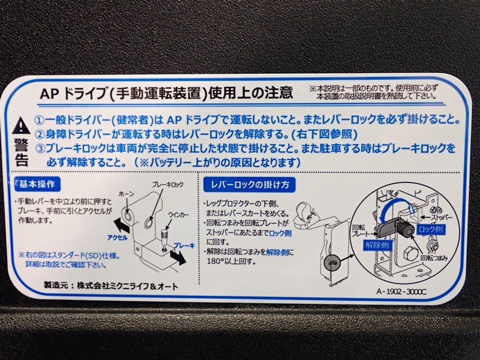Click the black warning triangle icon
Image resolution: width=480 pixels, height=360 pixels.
coord(21,125)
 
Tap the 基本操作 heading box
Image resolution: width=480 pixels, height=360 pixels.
coord(37,184)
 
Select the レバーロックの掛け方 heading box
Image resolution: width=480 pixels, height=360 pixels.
coord(249,185)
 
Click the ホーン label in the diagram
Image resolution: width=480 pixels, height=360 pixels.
coord(126,194)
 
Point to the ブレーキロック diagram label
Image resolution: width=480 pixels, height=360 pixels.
coord(168,184)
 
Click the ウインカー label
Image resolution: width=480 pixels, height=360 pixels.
coord(178,215)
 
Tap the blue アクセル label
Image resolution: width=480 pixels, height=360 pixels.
coord(117,238)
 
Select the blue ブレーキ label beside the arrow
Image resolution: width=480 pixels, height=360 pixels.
coord(184,245)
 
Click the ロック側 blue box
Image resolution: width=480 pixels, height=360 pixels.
coord(431,229)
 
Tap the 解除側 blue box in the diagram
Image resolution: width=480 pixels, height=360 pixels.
coord(377,245)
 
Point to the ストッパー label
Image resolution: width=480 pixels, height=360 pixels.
coord(441,217)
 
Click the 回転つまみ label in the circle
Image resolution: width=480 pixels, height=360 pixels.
coord(434,258)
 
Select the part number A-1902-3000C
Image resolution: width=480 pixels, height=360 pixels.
coord(401,292)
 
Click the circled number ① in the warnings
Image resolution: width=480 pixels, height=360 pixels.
coord(40,120)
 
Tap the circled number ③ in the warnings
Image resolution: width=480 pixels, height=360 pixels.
coord(40,148)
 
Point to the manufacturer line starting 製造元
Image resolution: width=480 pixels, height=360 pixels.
coord(111,286)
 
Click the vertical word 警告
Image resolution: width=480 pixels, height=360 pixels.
coord(22,152)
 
